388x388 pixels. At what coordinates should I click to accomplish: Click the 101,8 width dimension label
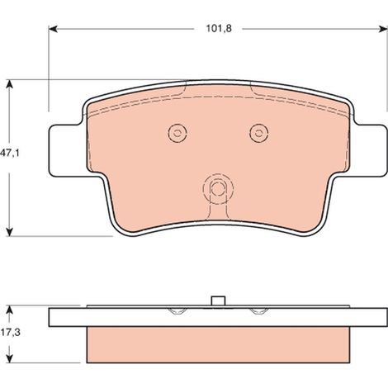coord(219,29)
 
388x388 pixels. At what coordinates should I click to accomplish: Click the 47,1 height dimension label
coord(10,154)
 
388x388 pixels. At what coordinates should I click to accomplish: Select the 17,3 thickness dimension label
coord(10,333)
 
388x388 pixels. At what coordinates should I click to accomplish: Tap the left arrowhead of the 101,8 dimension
coord(53,29)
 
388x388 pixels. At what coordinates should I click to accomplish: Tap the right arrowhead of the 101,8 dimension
coord(383,29)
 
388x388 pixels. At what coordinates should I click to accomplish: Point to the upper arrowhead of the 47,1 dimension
coord(10,84)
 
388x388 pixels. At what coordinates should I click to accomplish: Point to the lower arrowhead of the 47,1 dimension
coord(10,232)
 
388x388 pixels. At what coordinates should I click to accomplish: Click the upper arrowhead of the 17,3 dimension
coord(10,310)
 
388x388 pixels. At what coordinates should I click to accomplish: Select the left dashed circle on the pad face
coord(177,133)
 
